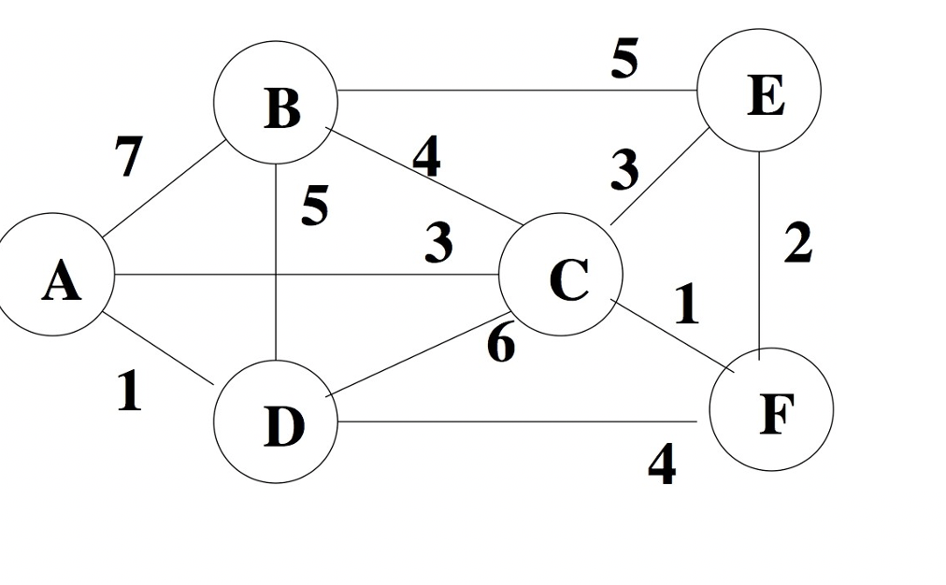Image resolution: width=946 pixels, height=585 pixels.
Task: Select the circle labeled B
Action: [x=276, y=101]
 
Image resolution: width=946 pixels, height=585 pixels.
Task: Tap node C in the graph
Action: [x=561, y=275]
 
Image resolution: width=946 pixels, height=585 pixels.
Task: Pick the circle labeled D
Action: [x=276, y=422]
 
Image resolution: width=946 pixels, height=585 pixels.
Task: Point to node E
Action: [x=762, y=92]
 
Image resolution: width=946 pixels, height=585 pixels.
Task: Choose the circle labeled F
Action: [x=771, y=409]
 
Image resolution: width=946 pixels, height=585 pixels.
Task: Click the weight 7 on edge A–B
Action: [x=129, y=156]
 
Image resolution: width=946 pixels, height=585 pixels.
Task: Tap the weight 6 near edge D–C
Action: [x=501, y=344]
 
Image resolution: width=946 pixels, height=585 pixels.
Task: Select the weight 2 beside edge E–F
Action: [x=797, y=243]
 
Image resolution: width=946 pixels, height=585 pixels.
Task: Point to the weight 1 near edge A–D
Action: [x=129, y=392]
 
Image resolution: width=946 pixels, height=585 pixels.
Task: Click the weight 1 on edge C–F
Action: [x=687, y=305]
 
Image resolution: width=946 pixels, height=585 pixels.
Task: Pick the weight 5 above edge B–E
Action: [x=624, y=60]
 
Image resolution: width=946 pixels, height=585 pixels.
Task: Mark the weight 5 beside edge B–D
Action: [x=315, y=206]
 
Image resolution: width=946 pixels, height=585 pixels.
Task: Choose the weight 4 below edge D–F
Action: [x=662, y=464]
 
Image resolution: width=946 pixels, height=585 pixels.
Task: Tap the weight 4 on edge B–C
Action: [x=426, y=157]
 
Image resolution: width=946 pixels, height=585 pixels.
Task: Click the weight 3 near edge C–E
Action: [x=624, y=170]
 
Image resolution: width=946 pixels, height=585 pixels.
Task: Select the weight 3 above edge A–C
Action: [x=437, y=243]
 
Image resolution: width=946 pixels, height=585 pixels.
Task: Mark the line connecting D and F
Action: [x=514, y=421]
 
